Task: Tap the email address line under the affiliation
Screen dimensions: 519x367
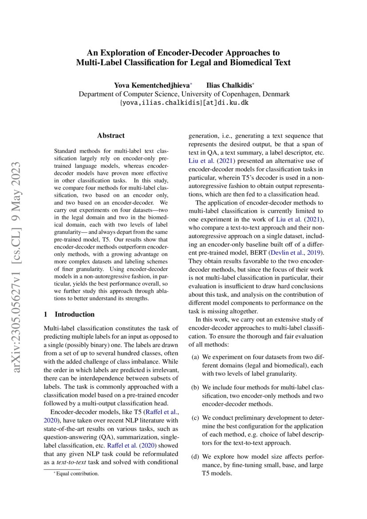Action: point(184,103)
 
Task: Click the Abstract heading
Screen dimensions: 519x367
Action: point(111,135)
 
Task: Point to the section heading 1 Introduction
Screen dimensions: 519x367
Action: point(69,314)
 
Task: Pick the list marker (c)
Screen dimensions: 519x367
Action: point(195,418)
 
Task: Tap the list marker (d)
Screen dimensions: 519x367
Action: point(195,456)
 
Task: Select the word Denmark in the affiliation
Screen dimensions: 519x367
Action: point(276,94)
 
